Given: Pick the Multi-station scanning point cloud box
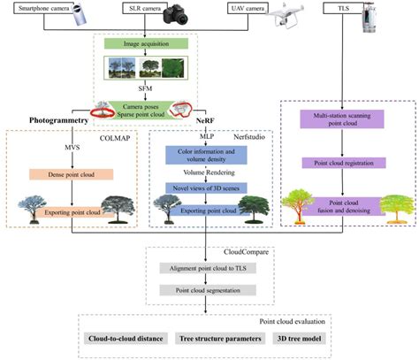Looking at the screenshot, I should point(340,120).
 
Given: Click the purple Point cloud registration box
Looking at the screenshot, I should point(340,164).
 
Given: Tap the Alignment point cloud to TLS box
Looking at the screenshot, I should point(207,268).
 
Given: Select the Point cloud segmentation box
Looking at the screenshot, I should point(207,290).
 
